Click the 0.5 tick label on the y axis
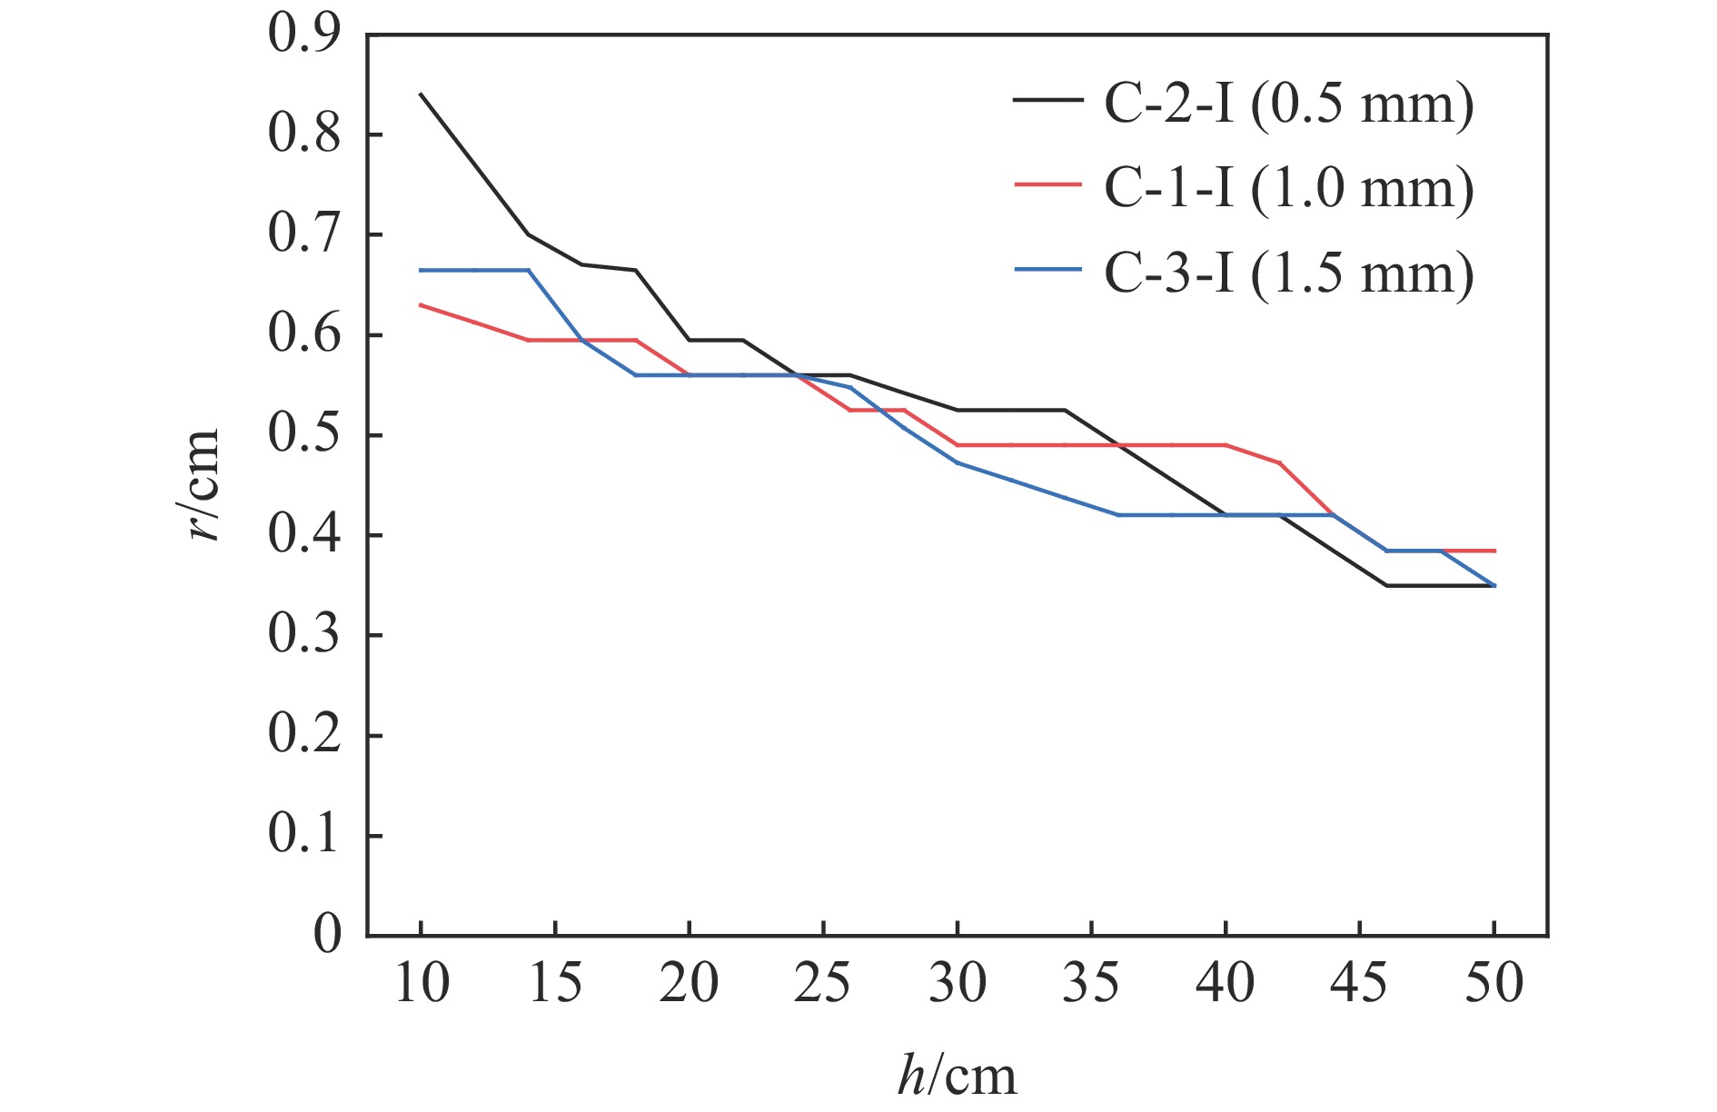[x=304, y=435]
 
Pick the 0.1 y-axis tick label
[x=304, y=835]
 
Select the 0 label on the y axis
[x=326, y=935]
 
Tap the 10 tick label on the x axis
[x=422, y=984]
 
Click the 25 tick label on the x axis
[x=823, y=984]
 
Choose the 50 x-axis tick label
[x=1494, y=984]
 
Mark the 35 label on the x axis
[x=1091, y=984]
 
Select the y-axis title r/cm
[x=203, y=484]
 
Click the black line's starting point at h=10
[x=422, y=94]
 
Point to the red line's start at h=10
[x=422, y=305]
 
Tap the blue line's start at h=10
[x=422, y=270]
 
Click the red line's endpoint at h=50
[x=1494, y=551]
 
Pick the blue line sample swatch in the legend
[x=1047, y=270]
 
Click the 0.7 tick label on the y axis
[x=304, y=234]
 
